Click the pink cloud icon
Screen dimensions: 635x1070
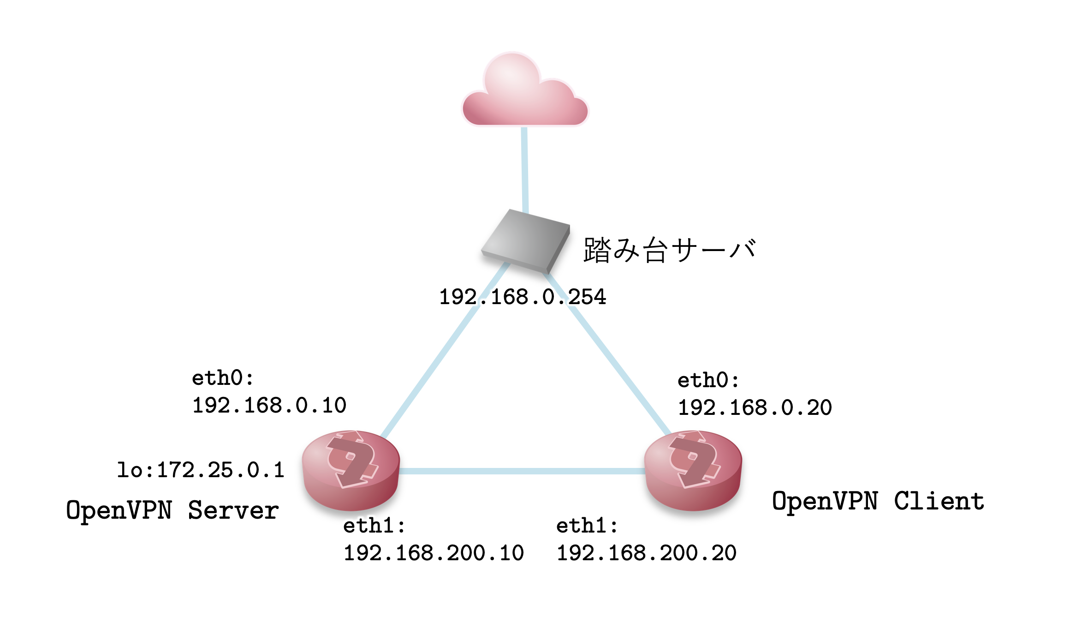point(525,92)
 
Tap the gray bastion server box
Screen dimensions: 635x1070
point(526,240)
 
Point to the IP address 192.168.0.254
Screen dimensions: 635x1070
point(523,297)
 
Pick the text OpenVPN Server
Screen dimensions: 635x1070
point(172,510)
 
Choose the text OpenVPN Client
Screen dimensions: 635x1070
point(878,502)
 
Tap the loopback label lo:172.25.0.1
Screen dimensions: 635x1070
point(201,470)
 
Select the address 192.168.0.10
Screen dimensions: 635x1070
point(269,406)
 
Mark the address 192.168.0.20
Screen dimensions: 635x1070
point(755,408)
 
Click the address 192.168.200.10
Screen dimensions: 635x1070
point(434,553)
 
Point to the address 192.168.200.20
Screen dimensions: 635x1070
point(647,553)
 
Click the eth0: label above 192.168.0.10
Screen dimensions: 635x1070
point(223,378)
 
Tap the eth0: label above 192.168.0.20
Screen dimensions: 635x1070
point(708,381)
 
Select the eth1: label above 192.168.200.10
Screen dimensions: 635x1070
point(374,526)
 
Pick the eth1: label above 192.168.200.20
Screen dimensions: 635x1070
point(587,526)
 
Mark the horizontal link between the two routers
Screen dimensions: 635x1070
point(521,471)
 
